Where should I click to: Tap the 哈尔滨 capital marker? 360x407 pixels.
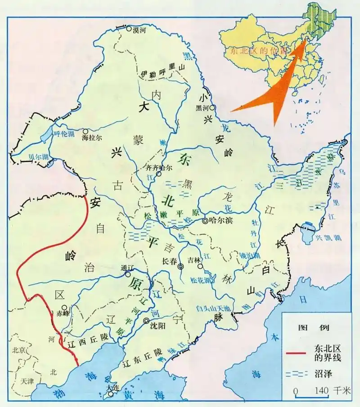205,221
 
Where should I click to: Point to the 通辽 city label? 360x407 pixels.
128,268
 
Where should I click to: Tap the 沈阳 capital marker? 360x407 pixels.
147,321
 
